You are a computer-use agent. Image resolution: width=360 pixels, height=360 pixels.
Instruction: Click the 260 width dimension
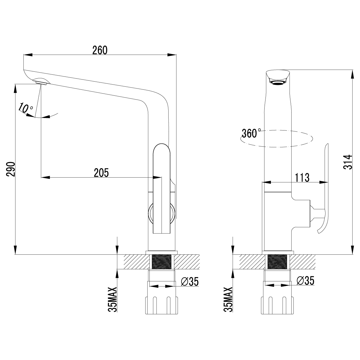pos(100,50)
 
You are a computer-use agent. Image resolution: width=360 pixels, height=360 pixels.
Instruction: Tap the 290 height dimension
pos(10,169)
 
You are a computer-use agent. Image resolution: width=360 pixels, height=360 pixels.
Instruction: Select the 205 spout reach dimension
pos(101,172)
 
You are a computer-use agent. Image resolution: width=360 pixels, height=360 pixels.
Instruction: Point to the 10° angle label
pos(25,108)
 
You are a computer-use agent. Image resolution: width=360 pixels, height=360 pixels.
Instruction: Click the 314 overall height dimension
pos(348,162)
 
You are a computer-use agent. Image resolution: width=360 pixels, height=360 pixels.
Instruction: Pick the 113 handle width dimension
pos(302,178)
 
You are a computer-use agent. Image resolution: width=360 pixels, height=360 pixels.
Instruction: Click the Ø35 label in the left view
pos(190,281)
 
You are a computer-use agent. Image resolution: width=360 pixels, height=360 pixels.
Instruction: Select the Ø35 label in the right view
pos(306,280)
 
